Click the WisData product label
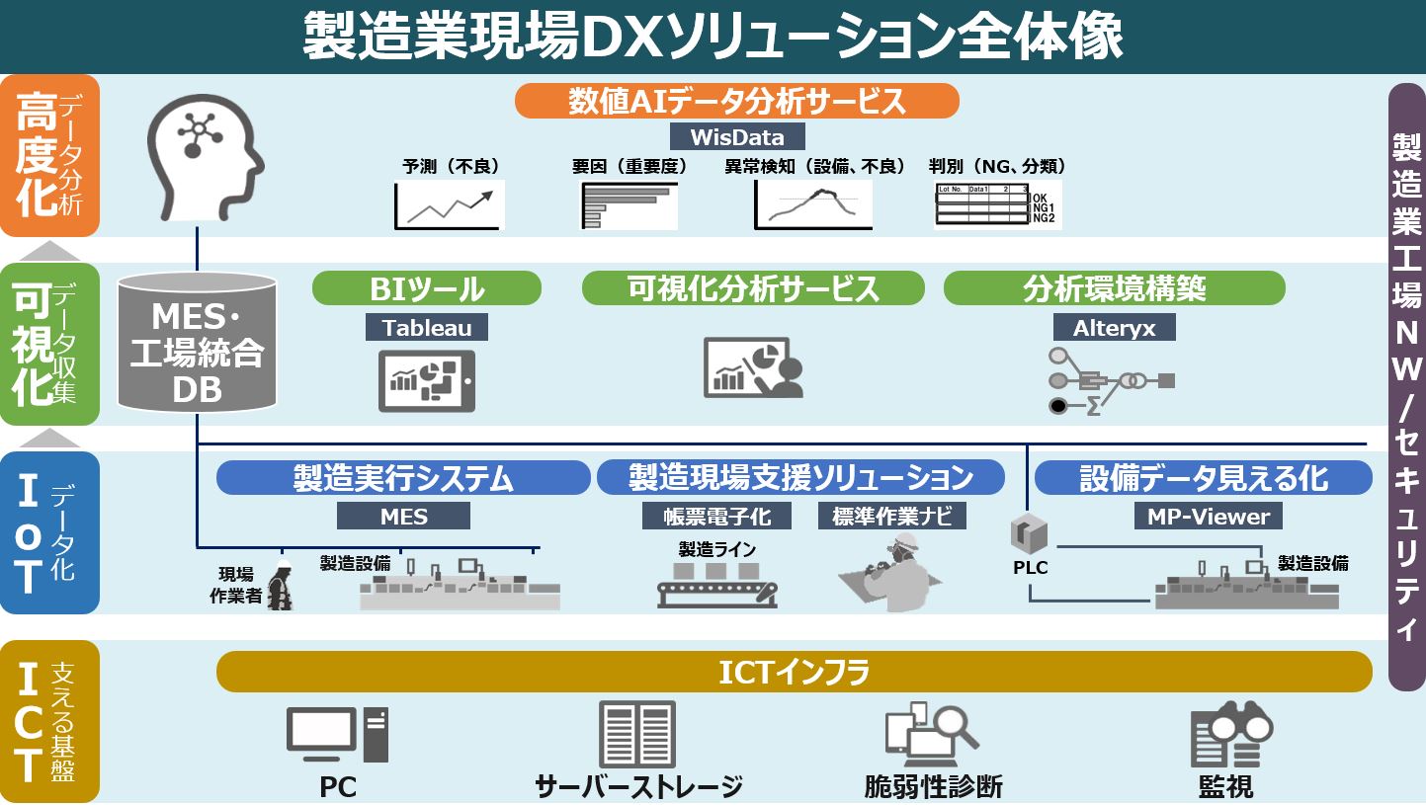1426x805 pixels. [737, 135]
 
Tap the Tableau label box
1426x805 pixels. [427, 327]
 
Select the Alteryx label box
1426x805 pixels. [1113, 327]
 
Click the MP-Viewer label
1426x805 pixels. [1208, 516]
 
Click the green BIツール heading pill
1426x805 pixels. [427, 288]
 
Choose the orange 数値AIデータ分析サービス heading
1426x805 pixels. [737, 101]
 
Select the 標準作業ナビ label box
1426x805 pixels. [891, 516]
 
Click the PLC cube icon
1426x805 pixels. [1029, 533]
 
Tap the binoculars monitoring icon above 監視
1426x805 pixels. [1230, 736]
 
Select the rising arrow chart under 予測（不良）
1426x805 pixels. [450, 205]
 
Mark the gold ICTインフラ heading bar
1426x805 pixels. [794, 673]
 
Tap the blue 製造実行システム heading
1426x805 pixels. [403, 478]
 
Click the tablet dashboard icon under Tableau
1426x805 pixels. [427, 380]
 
